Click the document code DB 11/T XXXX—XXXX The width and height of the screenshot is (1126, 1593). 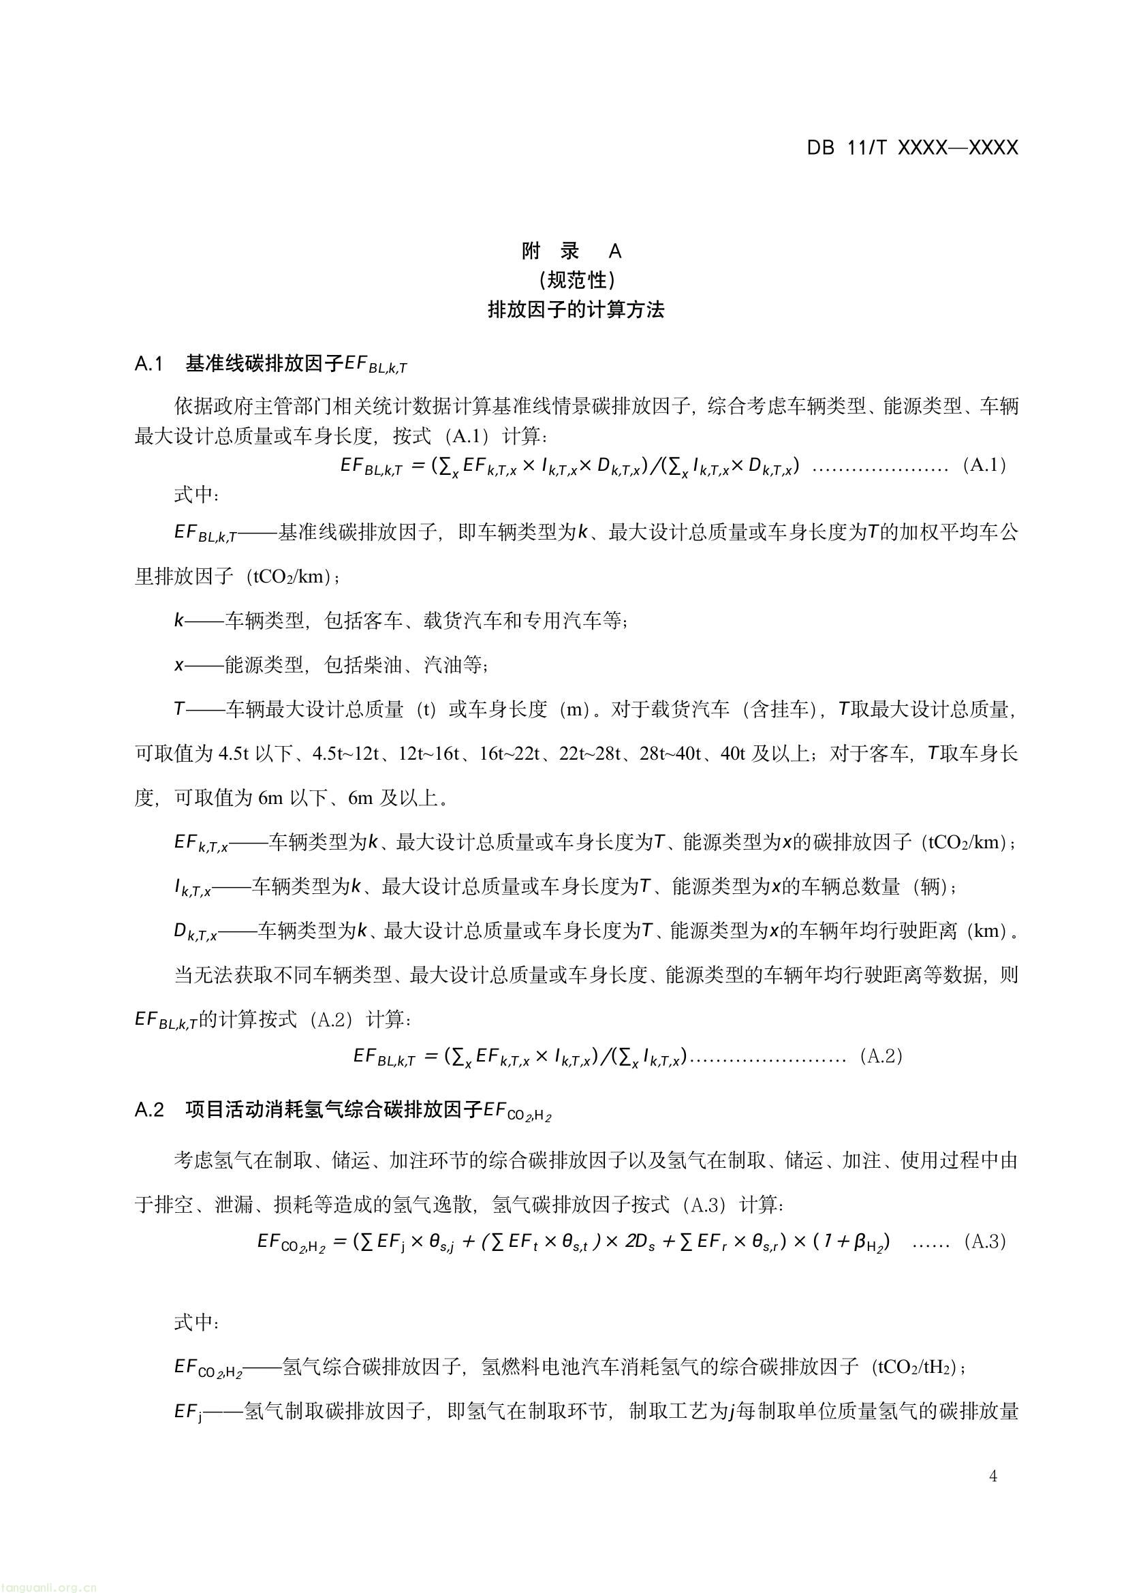coord(911,148)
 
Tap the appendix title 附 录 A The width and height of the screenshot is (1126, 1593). coord(572,251)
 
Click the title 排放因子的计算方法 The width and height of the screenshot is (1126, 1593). coord(576,309)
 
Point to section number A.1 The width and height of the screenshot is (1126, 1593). coord(148,364)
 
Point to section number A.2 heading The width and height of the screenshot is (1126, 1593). coord(149,1109)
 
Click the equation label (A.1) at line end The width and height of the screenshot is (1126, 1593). coord(984,465)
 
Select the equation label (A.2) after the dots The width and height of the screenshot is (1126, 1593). coord(881,1056)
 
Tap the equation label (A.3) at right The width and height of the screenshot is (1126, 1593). coord(985,1241)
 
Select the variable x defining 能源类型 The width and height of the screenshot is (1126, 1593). coord(179,666)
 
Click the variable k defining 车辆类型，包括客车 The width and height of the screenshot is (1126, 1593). coord(179,620)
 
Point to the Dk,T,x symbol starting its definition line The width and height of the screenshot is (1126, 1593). coord(195,933)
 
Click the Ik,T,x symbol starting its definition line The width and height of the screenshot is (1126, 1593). coord(193,888)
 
